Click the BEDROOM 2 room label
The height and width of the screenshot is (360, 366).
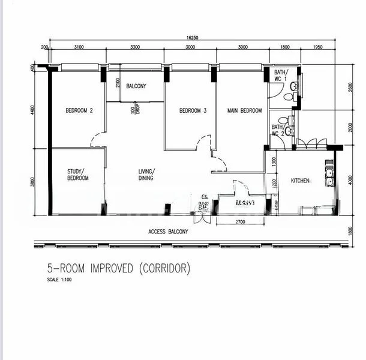pyautogui.click(x=79, y=110)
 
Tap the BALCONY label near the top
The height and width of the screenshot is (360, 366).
pyautogui.click(x=136, y=86)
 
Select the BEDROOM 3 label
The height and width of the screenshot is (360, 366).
pyautogui.click(x=193, y=110)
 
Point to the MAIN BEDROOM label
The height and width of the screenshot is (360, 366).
pyautogui.click(x=244, y=110)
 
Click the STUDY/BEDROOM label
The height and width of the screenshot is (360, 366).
pyautogui.click(x=77, y=175)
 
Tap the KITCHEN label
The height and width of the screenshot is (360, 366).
pyautogui.click(x=300, y=181)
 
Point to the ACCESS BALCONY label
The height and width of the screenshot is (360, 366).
pyautogui.click(x=168, y=232)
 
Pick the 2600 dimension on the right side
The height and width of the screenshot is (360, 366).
pyautogui.click(x=351, y=86)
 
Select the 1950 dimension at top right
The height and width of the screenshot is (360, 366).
pyautogui.click(x=318, y=47)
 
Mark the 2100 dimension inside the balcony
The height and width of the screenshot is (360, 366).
pyautogui.click(x=118, y=82)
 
